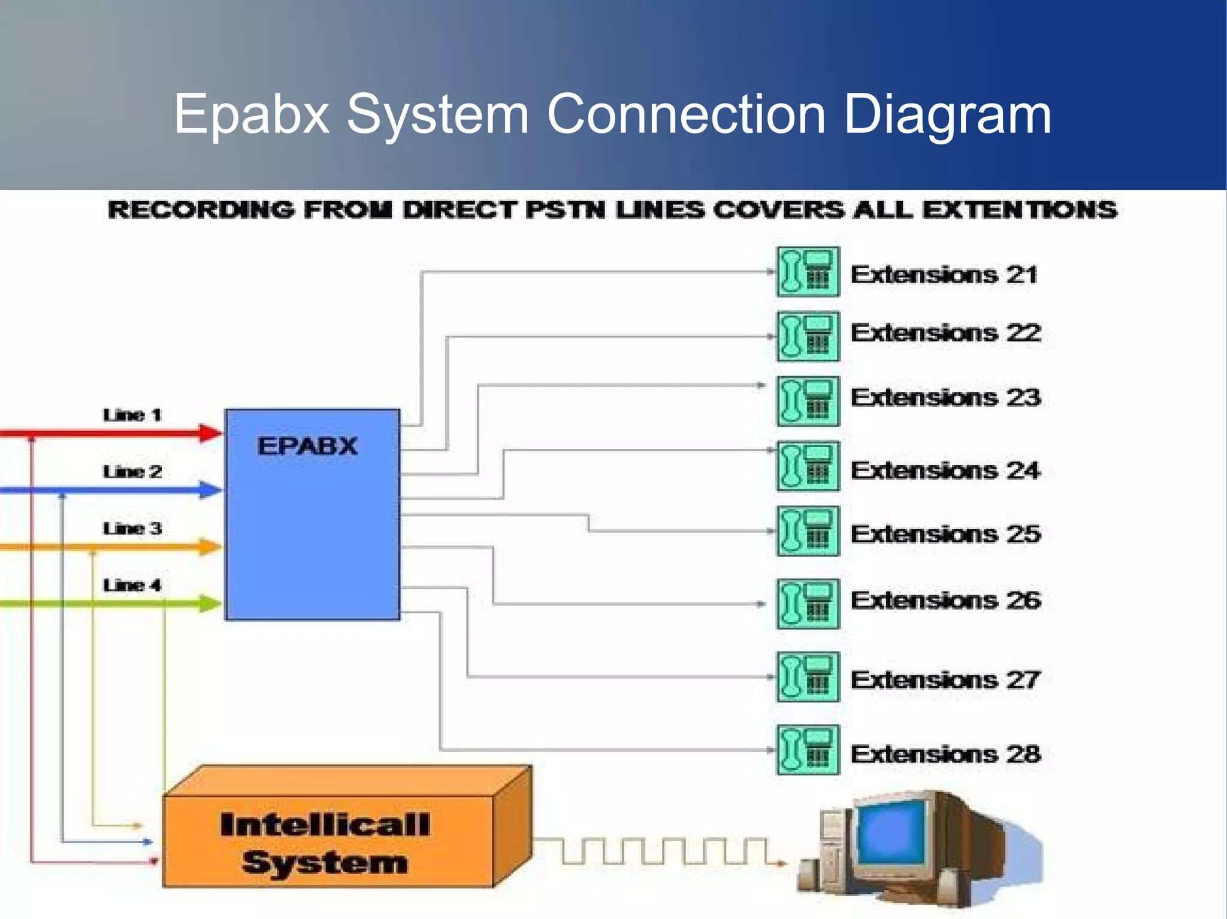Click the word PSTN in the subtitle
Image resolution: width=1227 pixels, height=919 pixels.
pyautogui.click(x=564, y=210)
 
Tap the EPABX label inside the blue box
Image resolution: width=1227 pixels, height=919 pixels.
pyautogui.click(x=307, y=447)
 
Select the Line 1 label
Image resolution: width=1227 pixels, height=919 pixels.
pyautogui.click(x=132, y=415)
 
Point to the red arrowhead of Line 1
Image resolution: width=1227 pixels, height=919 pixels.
pyautogui.click(x=210, y=433)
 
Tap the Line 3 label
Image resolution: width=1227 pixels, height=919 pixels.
pyautogui.click(x=132, y=529)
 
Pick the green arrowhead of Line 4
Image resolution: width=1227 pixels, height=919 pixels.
pyautogui.click(x=210, y=603)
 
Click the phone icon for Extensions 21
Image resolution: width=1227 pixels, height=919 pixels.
pyautogui.click(x=808, y=272)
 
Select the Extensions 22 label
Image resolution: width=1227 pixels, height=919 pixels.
pyautogui.click(x=945, y=333)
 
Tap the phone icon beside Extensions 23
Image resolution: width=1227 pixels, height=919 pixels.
pyautogui.click(x=808, y=401)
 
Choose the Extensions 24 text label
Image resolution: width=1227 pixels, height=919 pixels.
pyautogui.click(x=945, y=471)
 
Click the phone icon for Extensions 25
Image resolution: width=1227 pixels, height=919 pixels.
pyautogui.click(x=808, y=531)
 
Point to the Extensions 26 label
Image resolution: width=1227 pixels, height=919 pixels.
pyautogui.click(x=945, y=600)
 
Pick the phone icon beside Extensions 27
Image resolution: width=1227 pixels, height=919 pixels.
pyautogui.click(x=808, y=677)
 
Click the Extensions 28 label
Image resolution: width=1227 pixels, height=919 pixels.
pyautogui.click(x=945, y=754)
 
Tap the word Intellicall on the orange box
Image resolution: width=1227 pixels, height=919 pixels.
pyautogui.click(x=325, y=825)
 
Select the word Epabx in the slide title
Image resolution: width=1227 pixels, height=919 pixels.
pyautogui.click(x=252, y=115)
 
